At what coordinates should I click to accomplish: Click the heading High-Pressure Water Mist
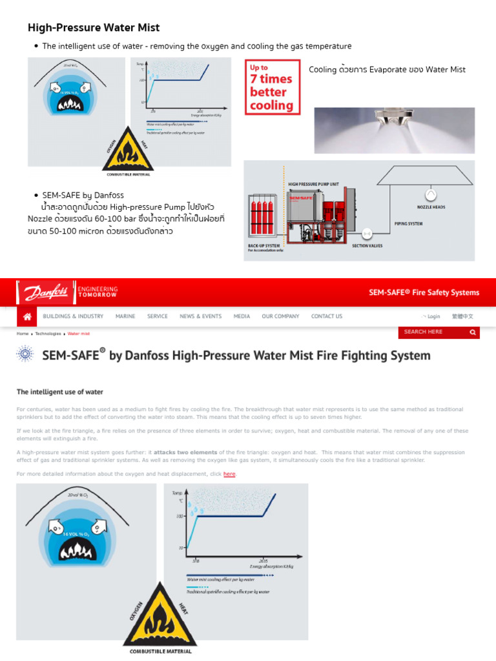point(93,28)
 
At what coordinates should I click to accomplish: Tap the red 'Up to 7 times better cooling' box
point(271,86)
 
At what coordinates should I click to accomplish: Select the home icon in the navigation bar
point(27,316)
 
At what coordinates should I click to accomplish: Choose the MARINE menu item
point(125,316)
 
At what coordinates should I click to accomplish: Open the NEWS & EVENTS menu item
point(200,316)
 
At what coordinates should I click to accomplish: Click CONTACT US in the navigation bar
point(327,316)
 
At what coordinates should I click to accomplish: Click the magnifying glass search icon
point(473,332)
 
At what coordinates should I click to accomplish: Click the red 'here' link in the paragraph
point(229,474)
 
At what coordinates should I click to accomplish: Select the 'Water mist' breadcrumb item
point(79,334)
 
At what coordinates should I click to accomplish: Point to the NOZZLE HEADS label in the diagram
point(431,207)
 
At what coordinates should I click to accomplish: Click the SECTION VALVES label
point(367,246)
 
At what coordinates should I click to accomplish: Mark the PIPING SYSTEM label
point(408,223)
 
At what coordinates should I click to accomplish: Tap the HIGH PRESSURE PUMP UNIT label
point(313,184)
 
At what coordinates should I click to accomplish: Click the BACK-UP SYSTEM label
point(263,246)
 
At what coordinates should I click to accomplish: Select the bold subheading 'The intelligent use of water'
point(59,392)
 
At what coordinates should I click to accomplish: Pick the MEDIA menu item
point(242,316)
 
